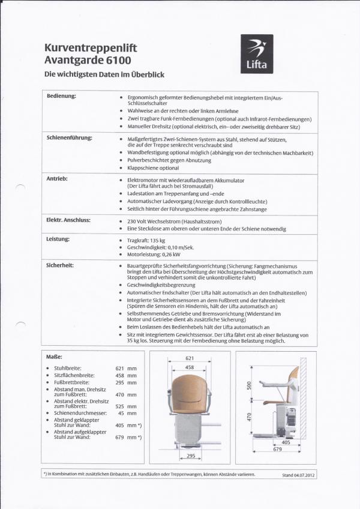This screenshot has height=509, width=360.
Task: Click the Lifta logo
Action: tap(257, 53)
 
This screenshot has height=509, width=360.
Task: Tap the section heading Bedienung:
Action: tap(62, 96)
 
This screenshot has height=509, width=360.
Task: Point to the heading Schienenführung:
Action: tap(70, 137)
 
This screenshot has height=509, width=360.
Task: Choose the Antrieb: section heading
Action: tap(57, 179)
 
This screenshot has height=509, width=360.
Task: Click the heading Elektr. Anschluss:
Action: tap(68, 220)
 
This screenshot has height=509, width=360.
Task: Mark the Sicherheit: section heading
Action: tap(60, 264)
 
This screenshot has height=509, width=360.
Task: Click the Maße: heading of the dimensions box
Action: tap(55, 356)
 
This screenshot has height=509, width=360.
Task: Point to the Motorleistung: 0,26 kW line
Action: tap(155, 254)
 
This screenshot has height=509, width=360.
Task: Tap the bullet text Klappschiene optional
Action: tap(154, 168)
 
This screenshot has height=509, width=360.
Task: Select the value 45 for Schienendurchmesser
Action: tap(121, 413)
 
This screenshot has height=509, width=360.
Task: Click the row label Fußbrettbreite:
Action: tap(72, 382)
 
